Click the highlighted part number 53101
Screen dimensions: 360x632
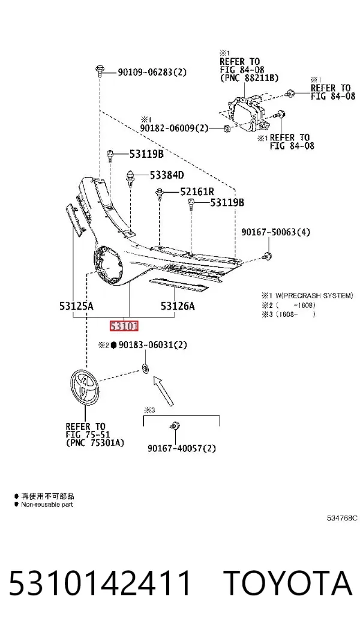coord(124,326)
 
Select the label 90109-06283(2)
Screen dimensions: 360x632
coord(152,73)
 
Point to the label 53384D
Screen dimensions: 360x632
coord(167,175)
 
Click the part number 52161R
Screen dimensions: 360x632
coord(197,191)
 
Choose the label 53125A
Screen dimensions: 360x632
coord(76,306)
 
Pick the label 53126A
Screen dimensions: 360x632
coord(178,306)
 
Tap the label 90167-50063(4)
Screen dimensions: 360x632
coord(276,232)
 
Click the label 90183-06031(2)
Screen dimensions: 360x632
coord(153,345)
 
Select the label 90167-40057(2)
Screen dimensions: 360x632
coord(181,448)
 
